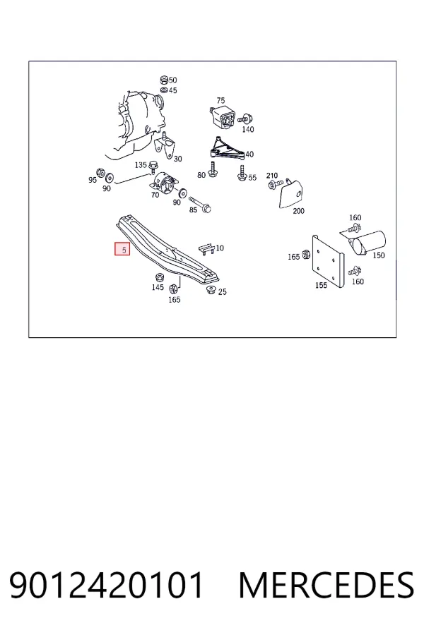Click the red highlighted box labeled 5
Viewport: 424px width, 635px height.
122,249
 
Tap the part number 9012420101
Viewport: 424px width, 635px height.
106,585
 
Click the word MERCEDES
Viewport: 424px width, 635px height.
326,585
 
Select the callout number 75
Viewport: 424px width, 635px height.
220,100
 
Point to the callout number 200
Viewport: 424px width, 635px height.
298,210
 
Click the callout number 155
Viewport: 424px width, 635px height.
321,285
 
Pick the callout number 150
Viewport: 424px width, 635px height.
378,255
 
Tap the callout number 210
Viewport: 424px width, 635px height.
272,176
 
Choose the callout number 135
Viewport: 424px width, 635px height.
141,165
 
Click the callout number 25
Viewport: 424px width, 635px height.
222,291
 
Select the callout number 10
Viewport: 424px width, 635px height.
220,248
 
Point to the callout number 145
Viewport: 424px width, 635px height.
158,287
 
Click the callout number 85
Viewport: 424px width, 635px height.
193,210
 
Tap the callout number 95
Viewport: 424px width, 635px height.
93,180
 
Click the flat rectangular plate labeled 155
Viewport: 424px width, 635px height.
327,261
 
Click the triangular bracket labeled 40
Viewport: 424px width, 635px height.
225,149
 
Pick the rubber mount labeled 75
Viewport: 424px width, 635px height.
223,117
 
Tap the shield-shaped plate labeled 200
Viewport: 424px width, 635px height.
291,193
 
